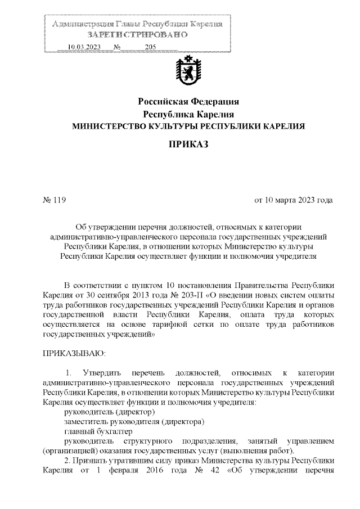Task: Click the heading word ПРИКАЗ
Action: (x=188, y=145)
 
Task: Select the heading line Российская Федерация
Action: (x=188, y=102)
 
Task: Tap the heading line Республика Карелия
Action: (x=188, y=114)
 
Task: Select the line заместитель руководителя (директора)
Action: (x=134, y=422)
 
